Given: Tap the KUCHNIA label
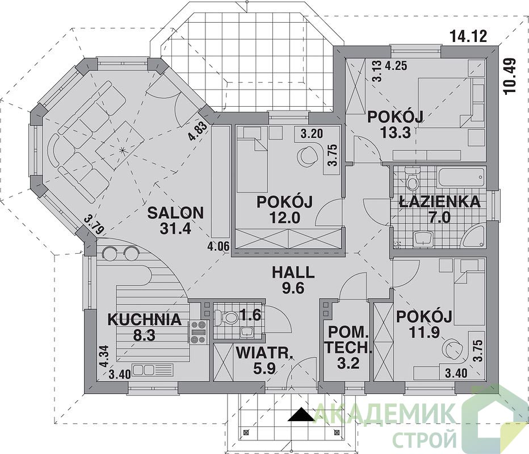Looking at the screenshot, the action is tap(144, 320).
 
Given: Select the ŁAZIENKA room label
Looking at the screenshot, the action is tap(439, 201).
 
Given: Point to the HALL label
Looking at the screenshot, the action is tap(293, 272).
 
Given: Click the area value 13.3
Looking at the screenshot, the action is tap(395, 132).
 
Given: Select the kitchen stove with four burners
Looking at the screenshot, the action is tap(198, 332).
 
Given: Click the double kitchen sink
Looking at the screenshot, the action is tap(153, 370).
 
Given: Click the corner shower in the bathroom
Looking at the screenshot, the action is tap(475, 237).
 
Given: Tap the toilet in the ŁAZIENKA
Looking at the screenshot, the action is tap(412, 181).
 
